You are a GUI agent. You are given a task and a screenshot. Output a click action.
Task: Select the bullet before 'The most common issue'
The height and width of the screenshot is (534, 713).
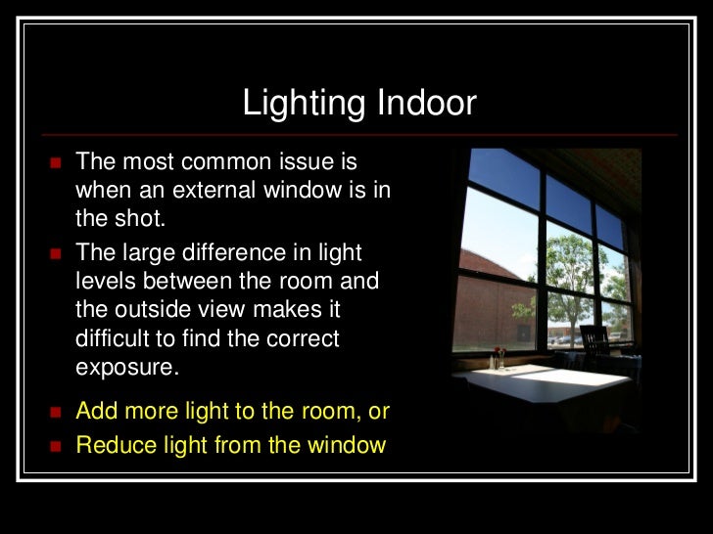point(55,161)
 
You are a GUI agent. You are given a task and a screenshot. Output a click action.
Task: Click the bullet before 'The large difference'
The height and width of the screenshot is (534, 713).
point(55,253)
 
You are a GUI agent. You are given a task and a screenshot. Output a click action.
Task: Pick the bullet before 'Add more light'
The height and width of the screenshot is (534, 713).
point(55,411)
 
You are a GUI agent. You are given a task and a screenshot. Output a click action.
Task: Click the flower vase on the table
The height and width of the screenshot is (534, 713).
point(499,356)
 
